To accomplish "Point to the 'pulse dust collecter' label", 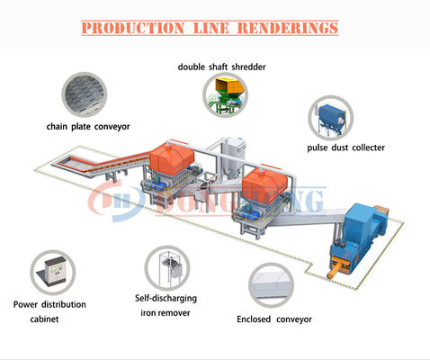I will pyautogui.click(x=346, y=147).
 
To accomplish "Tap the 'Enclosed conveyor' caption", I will pyautogui.click(x=273, y=319).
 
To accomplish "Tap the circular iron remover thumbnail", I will pyautogui.click(x=167, y=268).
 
